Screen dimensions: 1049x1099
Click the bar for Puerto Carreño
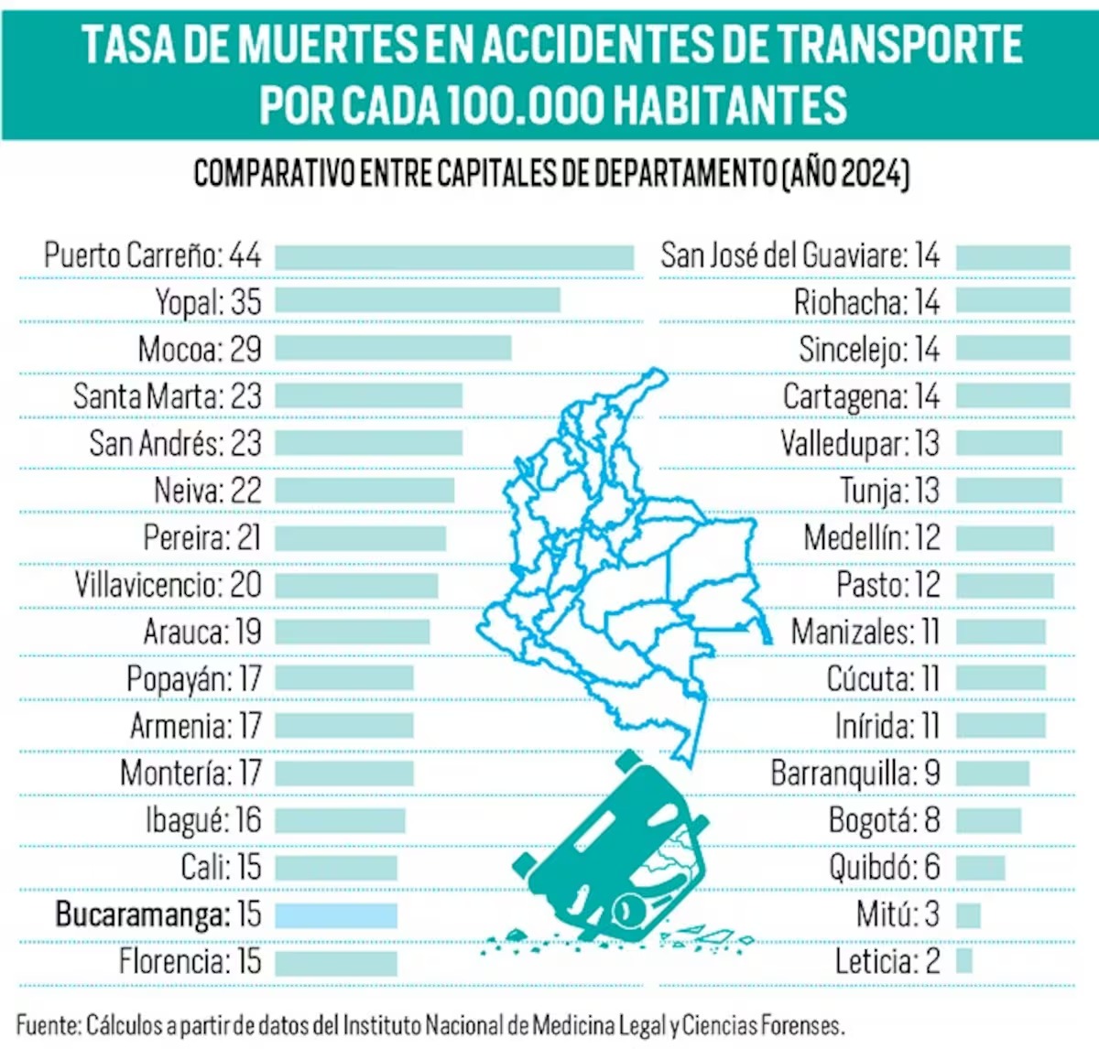[454, 257]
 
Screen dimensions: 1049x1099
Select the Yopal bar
[418, 300]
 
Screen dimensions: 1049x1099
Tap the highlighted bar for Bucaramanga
[336, 915]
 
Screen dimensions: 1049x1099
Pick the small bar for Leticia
[963, 961]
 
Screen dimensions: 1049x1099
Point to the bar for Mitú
[968, 915]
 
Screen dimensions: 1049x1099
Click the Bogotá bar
[988, 820]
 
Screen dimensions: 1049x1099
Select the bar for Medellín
[1005, 538]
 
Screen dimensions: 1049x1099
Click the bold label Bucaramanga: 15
[158, 914]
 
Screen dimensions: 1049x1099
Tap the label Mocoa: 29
[200, 349]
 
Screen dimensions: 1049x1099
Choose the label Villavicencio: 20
[169, 585]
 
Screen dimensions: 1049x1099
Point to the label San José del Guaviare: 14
[800, 255]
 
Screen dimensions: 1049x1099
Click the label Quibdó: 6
[884, 867]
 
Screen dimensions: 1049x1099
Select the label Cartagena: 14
[861, 396]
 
